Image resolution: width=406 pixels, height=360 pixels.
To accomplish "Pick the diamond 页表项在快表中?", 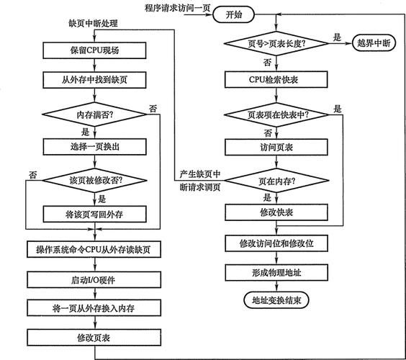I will pyautogui.click(x=276, y=114).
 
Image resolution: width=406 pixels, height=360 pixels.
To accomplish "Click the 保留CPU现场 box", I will pyautogui.click(x=94, y=50).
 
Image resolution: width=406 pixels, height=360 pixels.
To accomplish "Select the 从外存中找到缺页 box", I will pyautogui.click(x=94, y=79).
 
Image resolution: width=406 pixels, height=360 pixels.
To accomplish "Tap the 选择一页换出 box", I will pyautogui.click(x=94, y=146).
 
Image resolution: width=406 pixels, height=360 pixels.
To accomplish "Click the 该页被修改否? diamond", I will pyautogui.click(x=94, y=180).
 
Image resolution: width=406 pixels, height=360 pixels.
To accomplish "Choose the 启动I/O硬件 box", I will pyautogui.click(x=94, y=278).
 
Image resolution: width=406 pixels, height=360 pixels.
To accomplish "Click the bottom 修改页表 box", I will pyautogui.click(x=94, y=337).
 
